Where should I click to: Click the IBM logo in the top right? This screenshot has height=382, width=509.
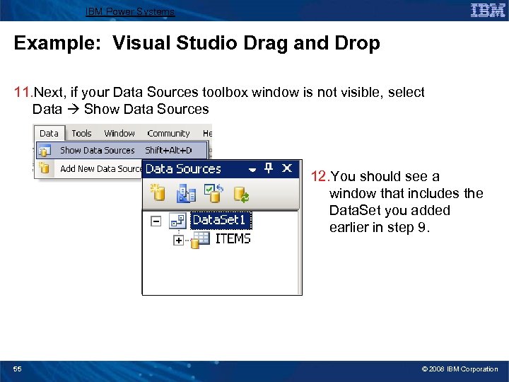[x=487, y=11]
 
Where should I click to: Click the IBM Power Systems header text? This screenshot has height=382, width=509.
[x=129, y=11]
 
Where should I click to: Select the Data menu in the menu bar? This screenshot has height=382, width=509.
[x=49, y=133]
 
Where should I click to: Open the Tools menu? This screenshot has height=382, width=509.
[x=81, y=133]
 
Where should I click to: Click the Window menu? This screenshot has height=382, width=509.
[x=119, y=133]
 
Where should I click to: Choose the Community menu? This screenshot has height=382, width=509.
[x=168, y=133]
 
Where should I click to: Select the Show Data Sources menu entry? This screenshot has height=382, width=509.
[x=97, y=150]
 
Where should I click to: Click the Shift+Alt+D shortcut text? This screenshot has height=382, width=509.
[x=168, y=150]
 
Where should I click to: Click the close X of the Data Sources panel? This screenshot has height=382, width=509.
[x=287, y=168]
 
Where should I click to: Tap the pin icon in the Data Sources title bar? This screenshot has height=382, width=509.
[x=269, y=168]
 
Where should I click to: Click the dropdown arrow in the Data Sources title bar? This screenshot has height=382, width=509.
[x=251, y=169]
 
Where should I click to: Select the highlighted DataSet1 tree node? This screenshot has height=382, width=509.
[x=218, y=220]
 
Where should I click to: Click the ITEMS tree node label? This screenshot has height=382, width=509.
[x=233, y=239]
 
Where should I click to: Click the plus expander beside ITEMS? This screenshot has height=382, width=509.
[x=178, y=241]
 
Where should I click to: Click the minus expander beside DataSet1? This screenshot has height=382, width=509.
[x=156, y=221]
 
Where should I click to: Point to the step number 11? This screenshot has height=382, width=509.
[x=23, y=93]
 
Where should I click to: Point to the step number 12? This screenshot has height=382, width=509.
[x=320, y=177]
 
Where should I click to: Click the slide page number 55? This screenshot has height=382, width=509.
[x=18, y=369]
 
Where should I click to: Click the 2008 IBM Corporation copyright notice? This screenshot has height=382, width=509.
[x=460, y=369]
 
